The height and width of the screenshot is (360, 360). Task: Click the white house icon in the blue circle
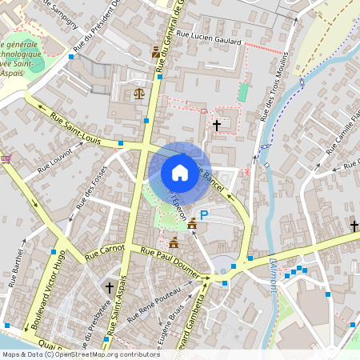point(179,172)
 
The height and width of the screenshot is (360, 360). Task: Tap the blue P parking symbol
point(204,214)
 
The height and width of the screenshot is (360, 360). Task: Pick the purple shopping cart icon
point(6,158)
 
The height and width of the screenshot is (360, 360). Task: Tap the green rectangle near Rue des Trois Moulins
point(243,92)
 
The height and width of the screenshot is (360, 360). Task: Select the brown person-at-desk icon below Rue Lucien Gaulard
point(155,52)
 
